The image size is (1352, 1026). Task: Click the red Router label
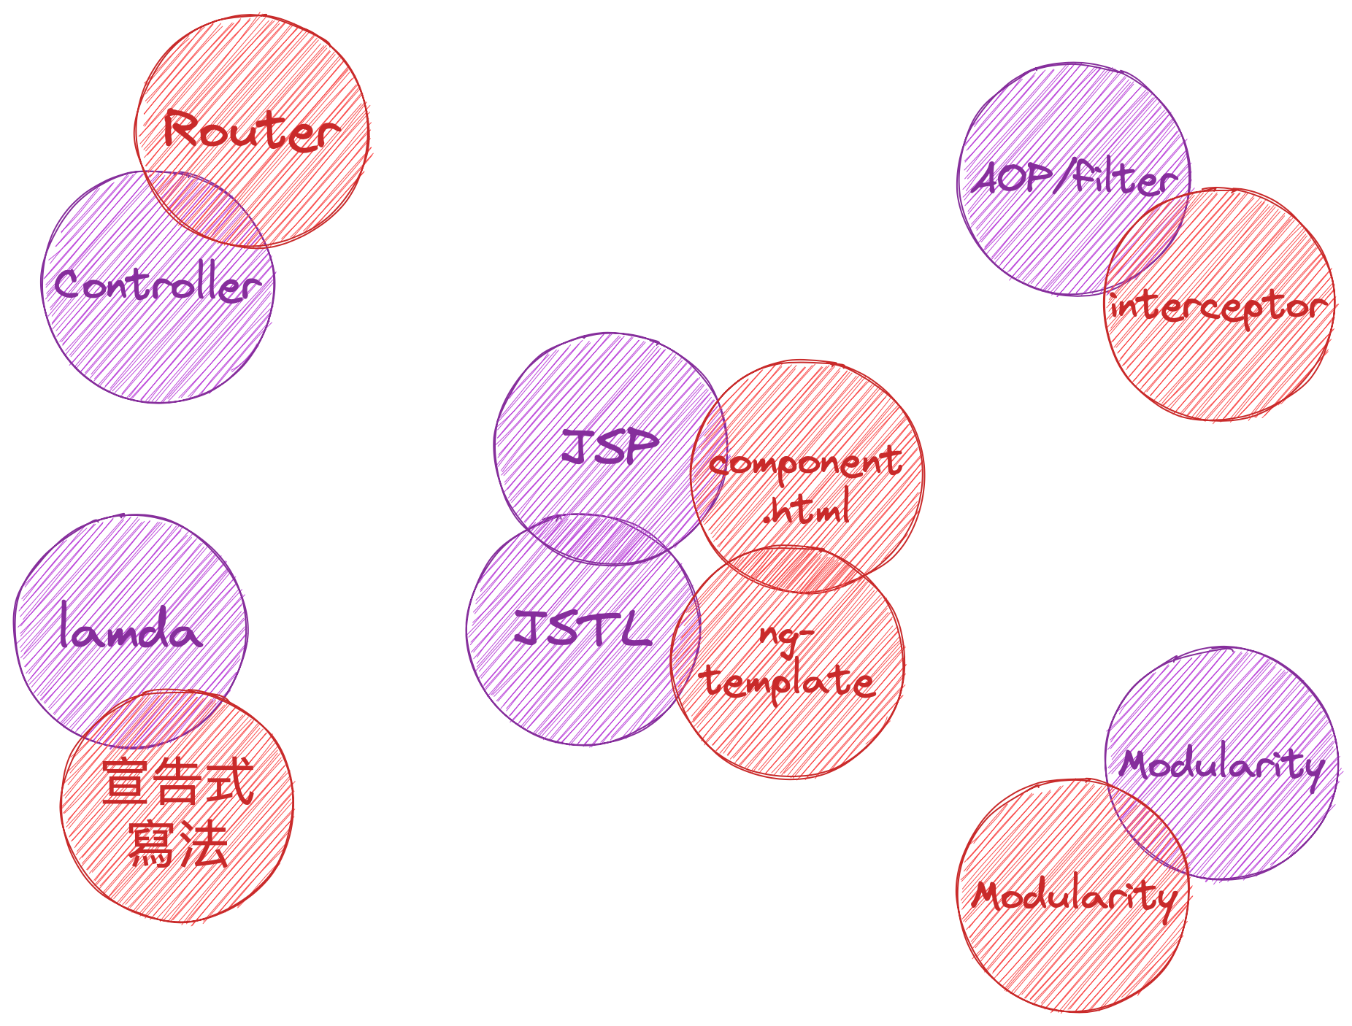[251, 131]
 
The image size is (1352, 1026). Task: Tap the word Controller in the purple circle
[158, 285]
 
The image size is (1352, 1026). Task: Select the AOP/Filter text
[1073, 180]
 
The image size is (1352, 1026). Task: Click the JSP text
[610, 447]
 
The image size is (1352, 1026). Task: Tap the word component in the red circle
[804, 463]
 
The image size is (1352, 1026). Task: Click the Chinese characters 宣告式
[177, 781]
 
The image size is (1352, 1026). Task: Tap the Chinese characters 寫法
[177, 843]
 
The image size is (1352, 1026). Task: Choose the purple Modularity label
[1221, 765]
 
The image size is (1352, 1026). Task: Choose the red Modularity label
[1073, 895]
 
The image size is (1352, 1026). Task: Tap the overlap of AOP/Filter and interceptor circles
[1148, 241]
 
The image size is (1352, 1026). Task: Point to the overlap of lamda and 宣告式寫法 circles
[157, 719]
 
